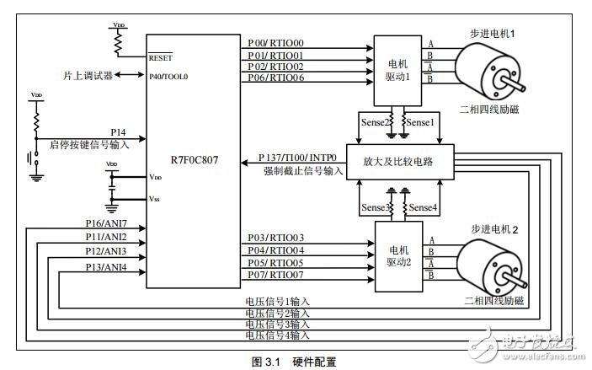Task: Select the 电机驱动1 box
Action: click(395, 63)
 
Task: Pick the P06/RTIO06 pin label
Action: click(276, 78)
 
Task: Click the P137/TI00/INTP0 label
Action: click(300, 158)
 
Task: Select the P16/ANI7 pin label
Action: click(106, 224)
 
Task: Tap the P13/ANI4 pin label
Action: click(106, 267)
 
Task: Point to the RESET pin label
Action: click(160, 58)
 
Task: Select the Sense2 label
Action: click(375, 123)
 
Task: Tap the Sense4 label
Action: click(423, 206)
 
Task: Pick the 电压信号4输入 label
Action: click(277, 335)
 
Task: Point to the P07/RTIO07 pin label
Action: click(276, 274)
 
